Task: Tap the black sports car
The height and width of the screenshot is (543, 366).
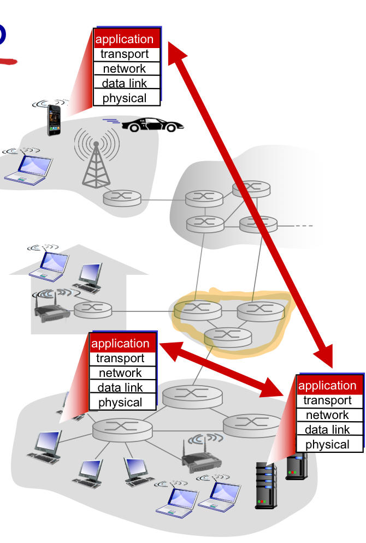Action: click(149, 125)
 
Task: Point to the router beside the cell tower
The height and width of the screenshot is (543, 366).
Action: click(122, 198)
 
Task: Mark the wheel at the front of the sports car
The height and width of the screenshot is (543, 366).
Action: click(170, 128)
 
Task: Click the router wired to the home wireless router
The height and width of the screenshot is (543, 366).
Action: click(92, 310)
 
